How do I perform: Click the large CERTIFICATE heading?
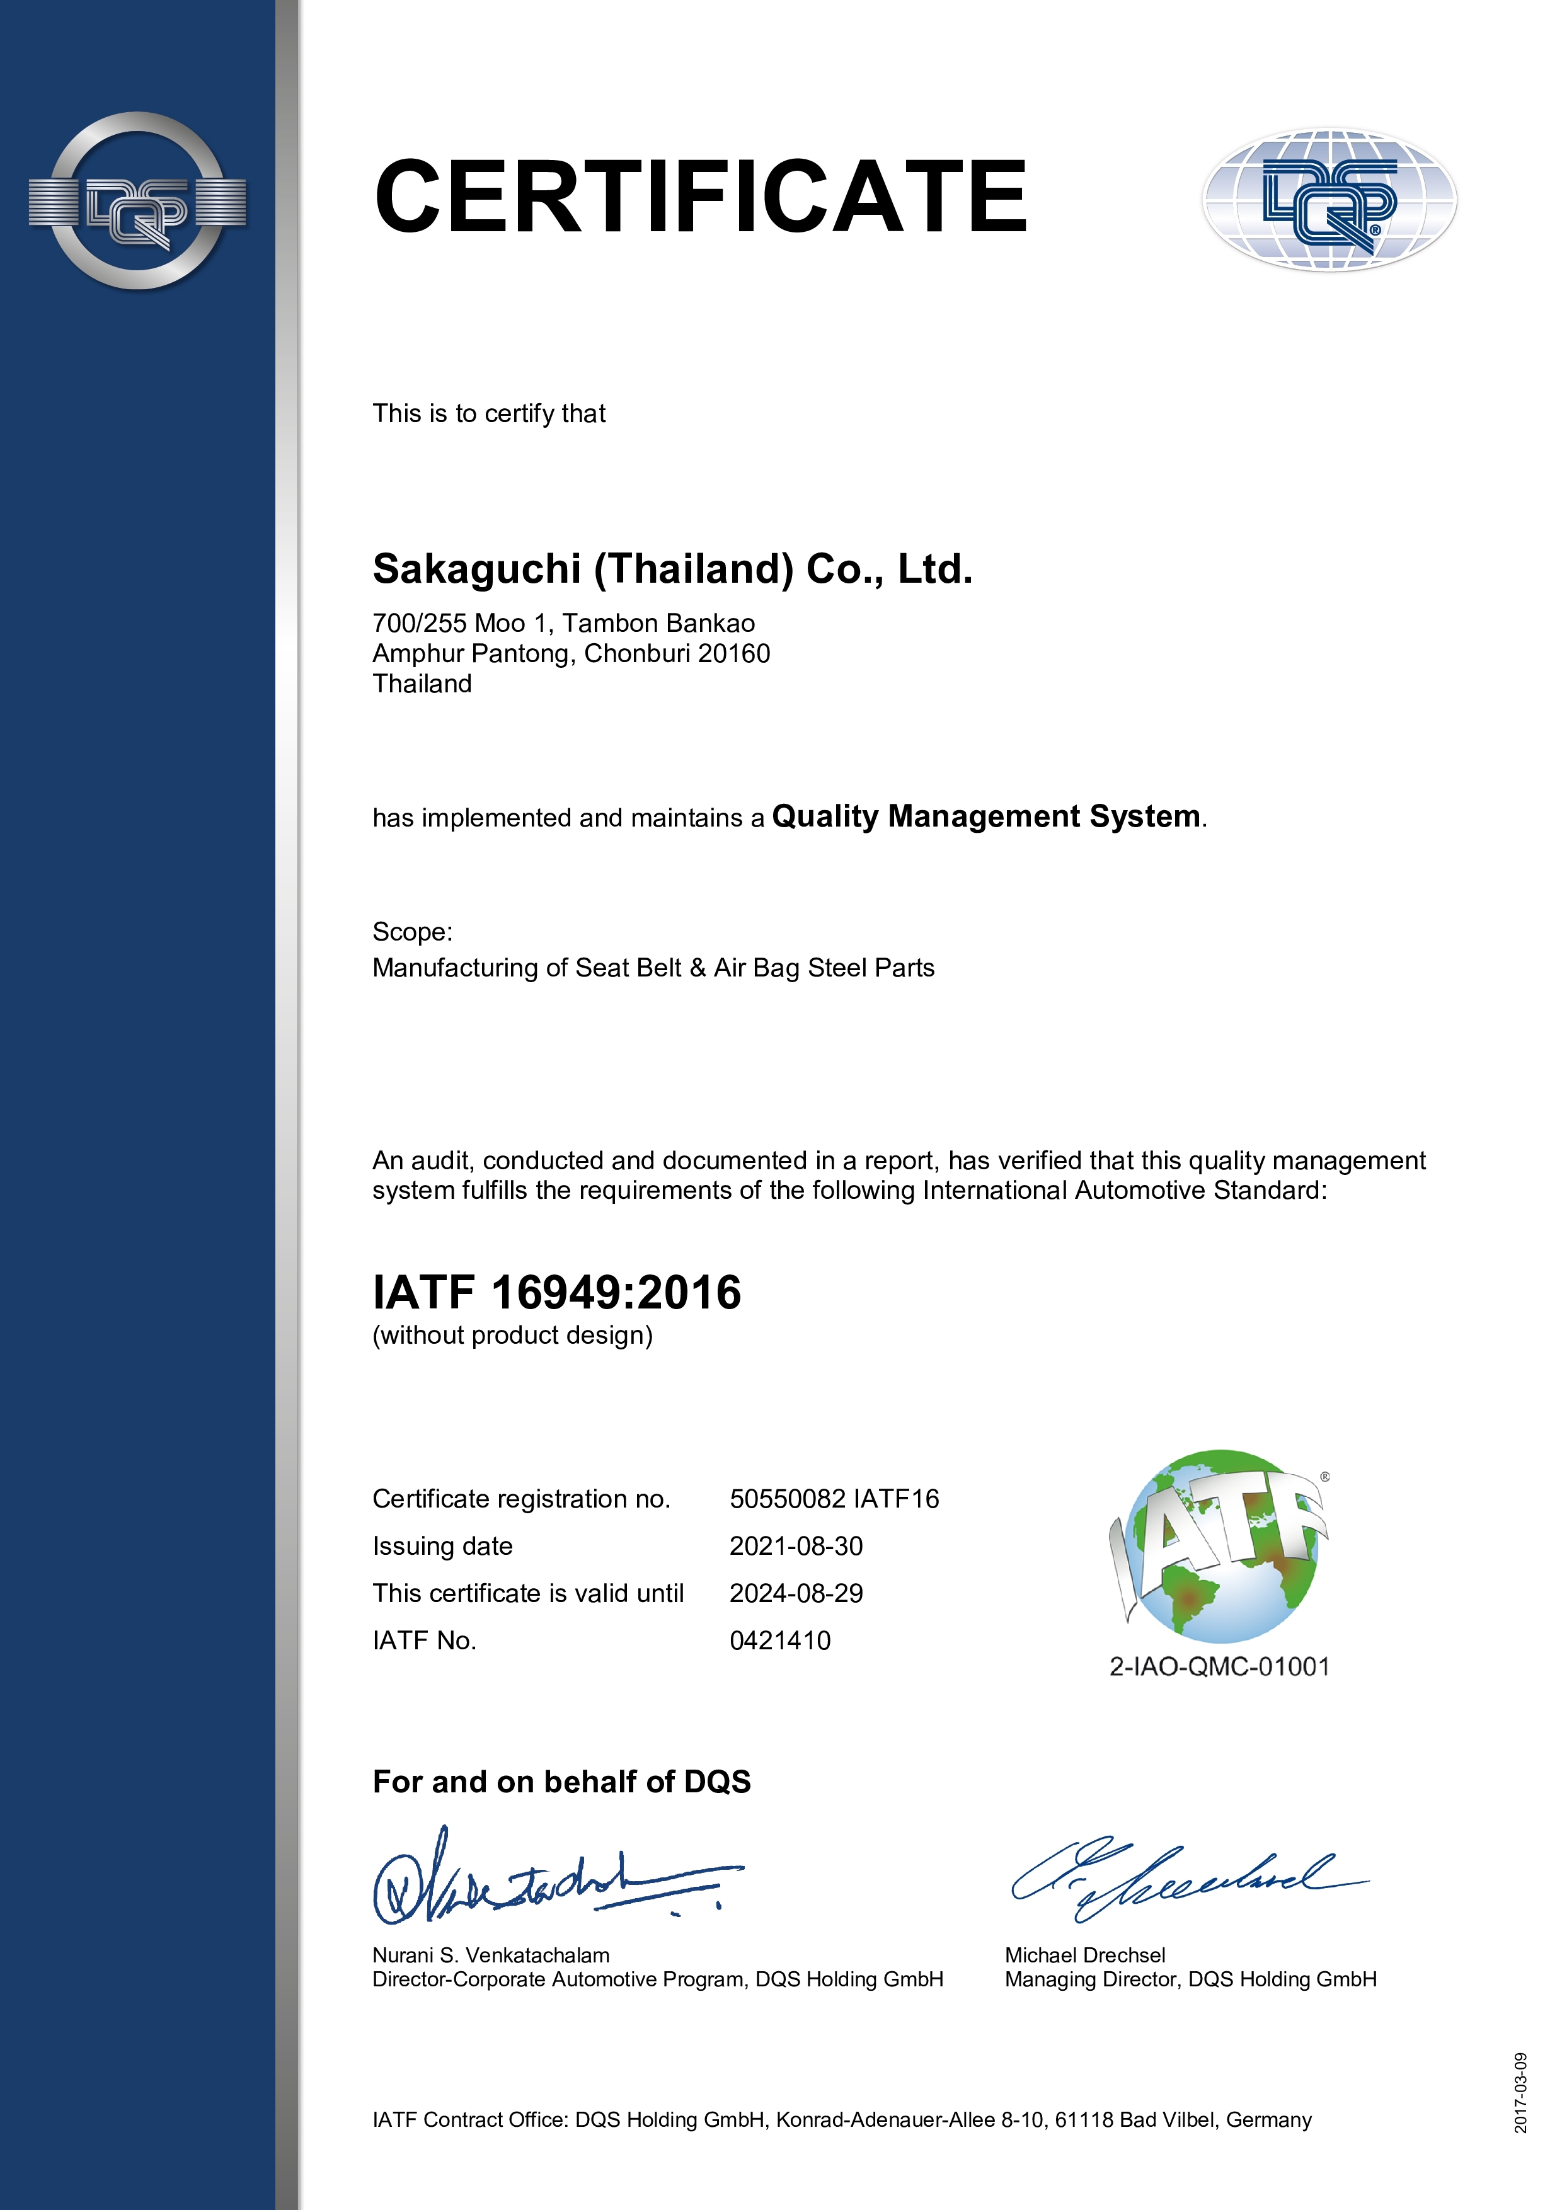click(x=701, y=197)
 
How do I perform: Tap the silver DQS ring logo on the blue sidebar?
click(x=137, y=201)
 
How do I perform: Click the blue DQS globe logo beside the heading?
click(x=1329, y=200)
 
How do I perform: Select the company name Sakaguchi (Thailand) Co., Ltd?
click(x=672, y=569)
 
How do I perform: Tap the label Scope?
click(x=412, y=932)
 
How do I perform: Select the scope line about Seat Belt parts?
click(x=653, y=968)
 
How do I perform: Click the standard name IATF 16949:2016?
click(x=556, y=1291)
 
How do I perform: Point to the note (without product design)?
click(x=512, y=1335)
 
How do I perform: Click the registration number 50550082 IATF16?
click(x=834, y=1499)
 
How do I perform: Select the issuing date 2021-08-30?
click(x=796, y=1546)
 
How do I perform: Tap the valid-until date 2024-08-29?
click(x=796, y=1593)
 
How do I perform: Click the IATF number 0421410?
click(x=779, y=1640)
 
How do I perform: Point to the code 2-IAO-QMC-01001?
click(x=1219, y=1666)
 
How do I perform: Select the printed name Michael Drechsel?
click(x=1084, y=1955)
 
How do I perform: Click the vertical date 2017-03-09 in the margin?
click(x=1520, y=2093)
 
